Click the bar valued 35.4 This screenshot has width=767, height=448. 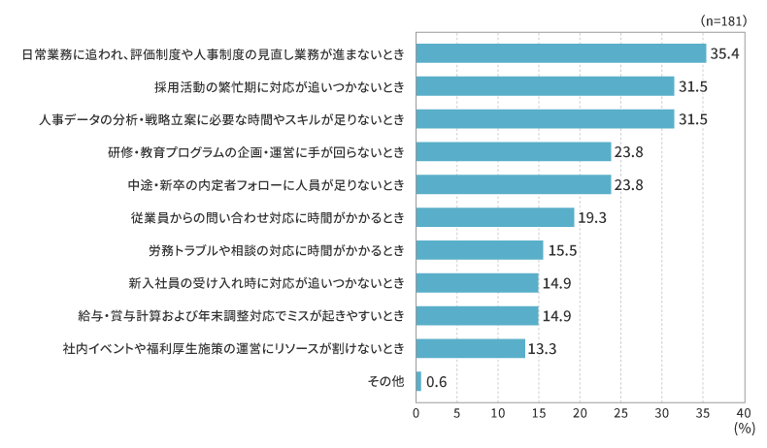560,53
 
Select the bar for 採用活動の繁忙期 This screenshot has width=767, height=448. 545,86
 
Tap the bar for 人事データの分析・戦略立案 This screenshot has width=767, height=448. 545,119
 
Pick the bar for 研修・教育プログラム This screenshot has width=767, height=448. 513,152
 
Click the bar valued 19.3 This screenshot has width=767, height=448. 494,217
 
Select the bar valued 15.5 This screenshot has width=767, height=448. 479,250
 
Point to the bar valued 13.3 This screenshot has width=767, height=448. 470,348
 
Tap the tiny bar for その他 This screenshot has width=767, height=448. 418,381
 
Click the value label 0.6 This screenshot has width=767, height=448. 437,381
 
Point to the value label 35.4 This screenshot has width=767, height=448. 725,53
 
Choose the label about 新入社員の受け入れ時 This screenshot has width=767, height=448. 265,283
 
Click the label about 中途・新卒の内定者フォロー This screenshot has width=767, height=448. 265,184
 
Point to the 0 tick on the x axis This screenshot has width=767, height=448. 417,413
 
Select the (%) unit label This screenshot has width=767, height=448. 744,428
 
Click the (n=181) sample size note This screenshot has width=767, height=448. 721,19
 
